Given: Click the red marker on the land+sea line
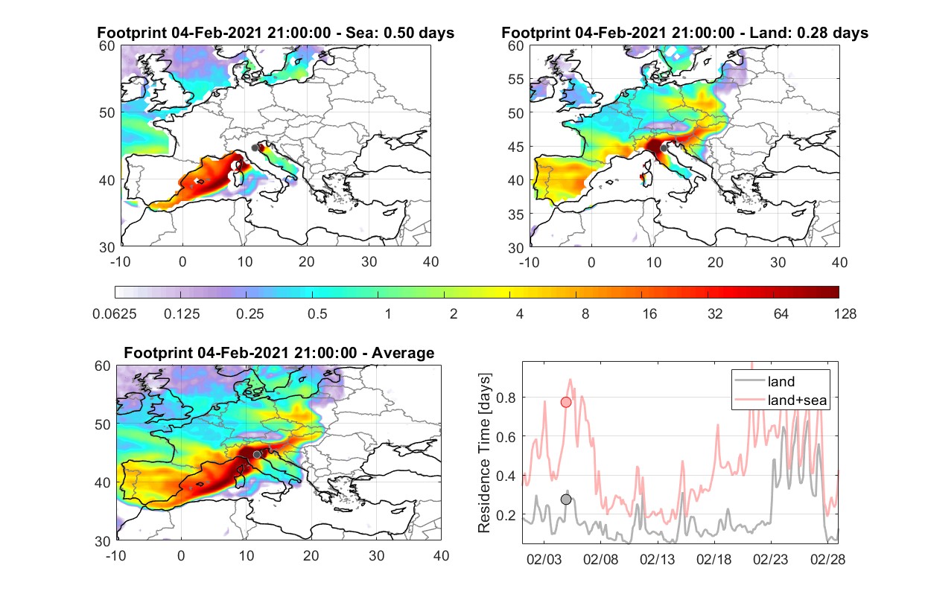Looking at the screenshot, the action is (566, 402).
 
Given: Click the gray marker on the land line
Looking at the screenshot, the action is (566, 500).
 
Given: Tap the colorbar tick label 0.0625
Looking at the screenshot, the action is (115, 314).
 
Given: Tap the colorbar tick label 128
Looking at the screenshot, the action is (845, 314).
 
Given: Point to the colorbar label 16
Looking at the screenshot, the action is (649, 314).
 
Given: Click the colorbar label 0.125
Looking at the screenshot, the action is (182, 314).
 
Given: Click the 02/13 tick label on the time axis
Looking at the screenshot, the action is (657, 559).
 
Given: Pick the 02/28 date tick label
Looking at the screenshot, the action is (827, 559).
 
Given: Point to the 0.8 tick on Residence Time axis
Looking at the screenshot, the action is (506, 398).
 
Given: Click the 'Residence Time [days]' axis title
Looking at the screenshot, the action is (484, 453).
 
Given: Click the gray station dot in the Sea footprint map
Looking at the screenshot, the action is (255, 148).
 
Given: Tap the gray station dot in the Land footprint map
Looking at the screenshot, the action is (664, 148).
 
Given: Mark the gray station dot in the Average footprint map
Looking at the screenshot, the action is (257, 455).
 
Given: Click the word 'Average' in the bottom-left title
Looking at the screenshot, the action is (403, 353).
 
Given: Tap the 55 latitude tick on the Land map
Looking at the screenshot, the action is (516, 79).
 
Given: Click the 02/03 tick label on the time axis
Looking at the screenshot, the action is (544, 559).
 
